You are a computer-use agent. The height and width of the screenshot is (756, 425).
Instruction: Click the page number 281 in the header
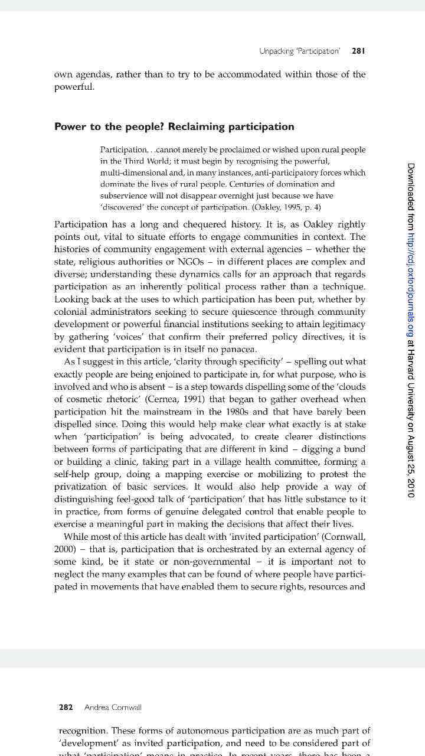pyautogui.click(x=358, y=51)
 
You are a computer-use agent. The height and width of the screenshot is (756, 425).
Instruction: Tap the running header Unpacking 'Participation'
pyautogui.click(x=299, y=51)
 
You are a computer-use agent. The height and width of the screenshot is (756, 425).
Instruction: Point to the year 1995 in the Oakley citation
pyautogui.click(x=289, y=207)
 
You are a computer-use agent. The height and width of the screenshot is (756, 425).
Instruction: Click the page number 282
pyautogui.click(x=66, y=707)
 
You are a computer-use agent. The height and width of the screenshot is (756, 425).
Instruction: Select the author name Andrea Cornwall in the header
pyautogui.click(x=113, y=707)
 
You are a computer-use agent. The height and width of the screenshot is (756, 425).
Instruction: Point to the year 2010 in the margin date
pyautogui.click(x=411, y=487)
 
